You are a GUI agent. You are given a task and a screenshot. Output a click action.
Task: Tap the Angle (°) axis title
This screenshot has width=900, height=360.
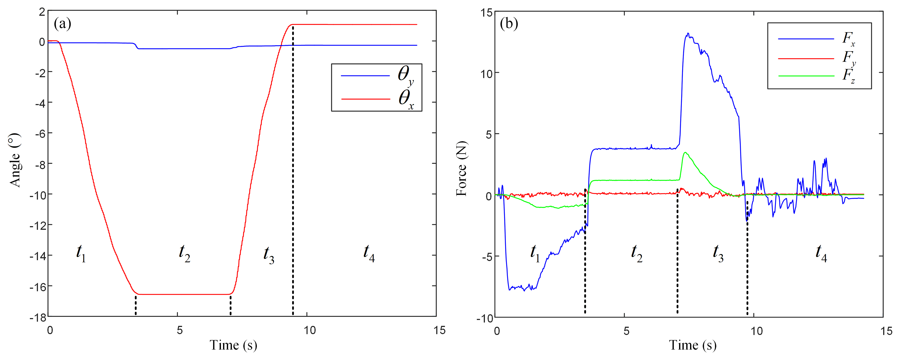point(15,160)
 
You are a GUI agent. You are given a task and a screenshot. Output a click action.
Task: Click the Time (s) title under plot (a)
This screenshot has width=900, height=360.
point(233,345)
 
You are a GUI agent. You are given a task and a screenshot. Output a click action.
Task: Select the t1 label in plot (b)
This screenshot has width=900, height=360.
point(535,253)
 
